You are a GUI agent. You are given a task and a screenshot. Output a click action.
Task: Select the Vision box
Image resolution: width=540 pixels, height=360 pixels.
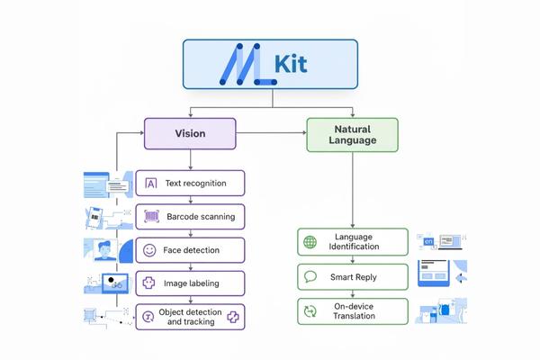pos(190,133)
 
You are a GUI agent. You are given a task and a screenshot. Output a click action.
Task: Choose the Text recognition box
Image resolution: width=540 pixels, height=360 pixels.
pos(190,184)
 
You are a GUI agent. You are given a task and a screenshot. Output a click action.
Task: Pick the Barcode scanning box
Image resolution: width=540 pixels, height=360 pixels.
pos(190,216)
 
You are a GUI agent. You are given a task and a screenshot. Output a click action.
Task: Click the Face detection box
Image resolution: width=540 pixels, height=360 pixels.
pos(190,249)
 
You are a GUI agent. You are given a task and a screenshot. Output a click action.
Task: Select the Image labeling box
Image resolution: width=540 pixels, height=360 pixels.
pos(190,283)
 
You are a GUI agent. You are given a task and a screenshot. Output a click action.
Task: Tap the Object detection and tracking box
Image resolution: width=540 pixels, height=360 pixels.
pos(190,316)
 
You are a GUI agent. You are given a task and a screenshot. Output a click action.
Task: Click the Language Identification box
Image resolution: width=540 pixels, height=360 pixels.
pos(352,242)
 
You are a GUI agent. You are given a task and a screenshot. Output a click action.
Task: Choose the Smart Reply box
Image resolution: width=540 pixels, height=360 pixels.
pos(352,276)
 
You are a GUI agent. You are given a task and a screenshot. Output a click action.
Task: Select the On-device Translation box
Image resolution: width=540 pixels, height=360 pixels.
pos(352,310)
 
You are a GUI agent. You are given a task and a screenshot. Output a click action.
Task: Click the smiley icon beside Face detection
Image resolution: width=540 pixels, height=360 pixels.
pos(150,249)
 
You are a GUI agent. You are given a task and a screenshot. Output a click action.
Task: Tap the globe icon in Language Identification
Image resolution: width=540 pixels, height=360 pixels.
pos(310,242)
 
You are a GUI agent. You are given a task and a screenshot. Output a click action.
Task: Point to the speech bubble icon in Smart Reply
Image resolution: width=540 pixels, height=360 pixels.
pos(310,276)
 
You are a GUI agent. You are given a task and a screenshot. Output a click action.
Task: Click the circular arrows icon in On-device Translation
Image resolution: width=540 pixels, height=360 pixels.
pos(310,310)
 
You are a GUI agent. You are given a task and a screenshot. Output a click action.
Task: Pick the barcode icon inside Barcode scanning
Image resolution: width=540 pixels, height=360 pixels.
pos(150,216)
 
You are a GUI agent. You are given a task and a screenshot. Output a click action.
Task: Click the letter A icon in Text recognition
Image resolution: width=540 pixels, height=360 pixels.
pos(150,184)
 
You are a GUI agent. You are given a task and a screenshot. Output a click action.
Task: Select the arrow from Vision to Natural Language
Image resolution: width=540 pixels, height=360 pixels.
pos(270,133)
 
